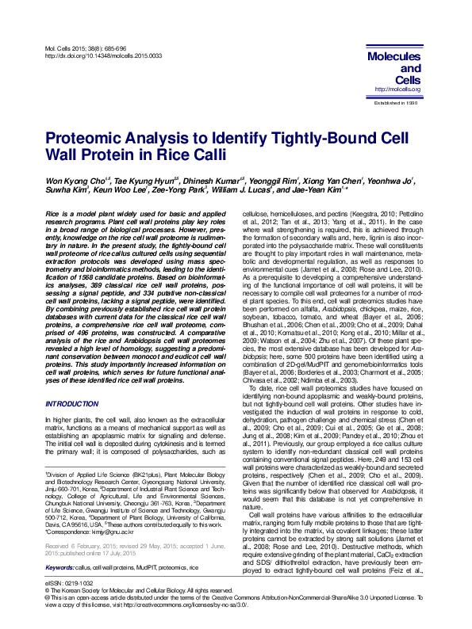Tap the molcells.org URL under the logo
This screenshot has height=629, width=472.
tap(397, 90)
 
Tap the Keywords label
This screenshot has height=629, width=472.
tap(61, 547)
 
